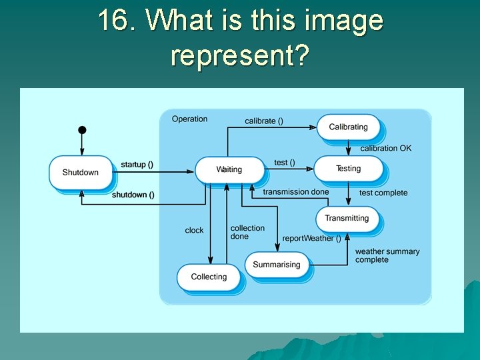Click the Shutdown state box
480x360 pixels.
click(x=81, y=173)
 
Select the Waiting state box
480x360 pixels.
click(x=229, y=170)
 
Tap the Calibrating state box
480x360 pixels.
click(x=348, y=127)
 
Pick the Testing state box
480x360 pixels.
click(x=348, y=169)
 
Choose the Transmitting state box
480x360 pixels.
click(x=347, y=219)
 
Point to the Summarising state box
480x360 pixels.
click(x=276, y=265)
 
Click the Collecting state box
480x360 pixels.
click(x=209, y=277)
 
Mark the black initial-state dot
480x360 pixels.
click(x=82, y=129)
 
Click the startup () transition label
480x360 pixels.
click(x=137, y=165)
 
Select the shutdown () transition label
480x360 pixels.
click(x=133, y=195)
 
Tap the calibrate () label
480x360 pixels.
click(x=263, y=121)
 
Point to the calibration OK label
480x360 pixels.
click(x=386, y=148)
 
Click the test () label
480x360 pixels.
click(x=285, y=163)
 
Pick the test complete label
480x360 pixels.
click(x=383, y=193)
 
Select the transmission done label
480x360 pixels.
click(x=295, y=192)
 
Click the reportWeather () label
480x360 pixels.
click(x=311, y=238)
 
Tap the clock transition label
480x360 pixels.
click(x=194, y=230)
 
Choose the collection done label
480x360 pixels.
click(x=247, y=232)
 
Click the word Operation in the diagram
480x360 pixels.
click(x=189, y=119)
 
